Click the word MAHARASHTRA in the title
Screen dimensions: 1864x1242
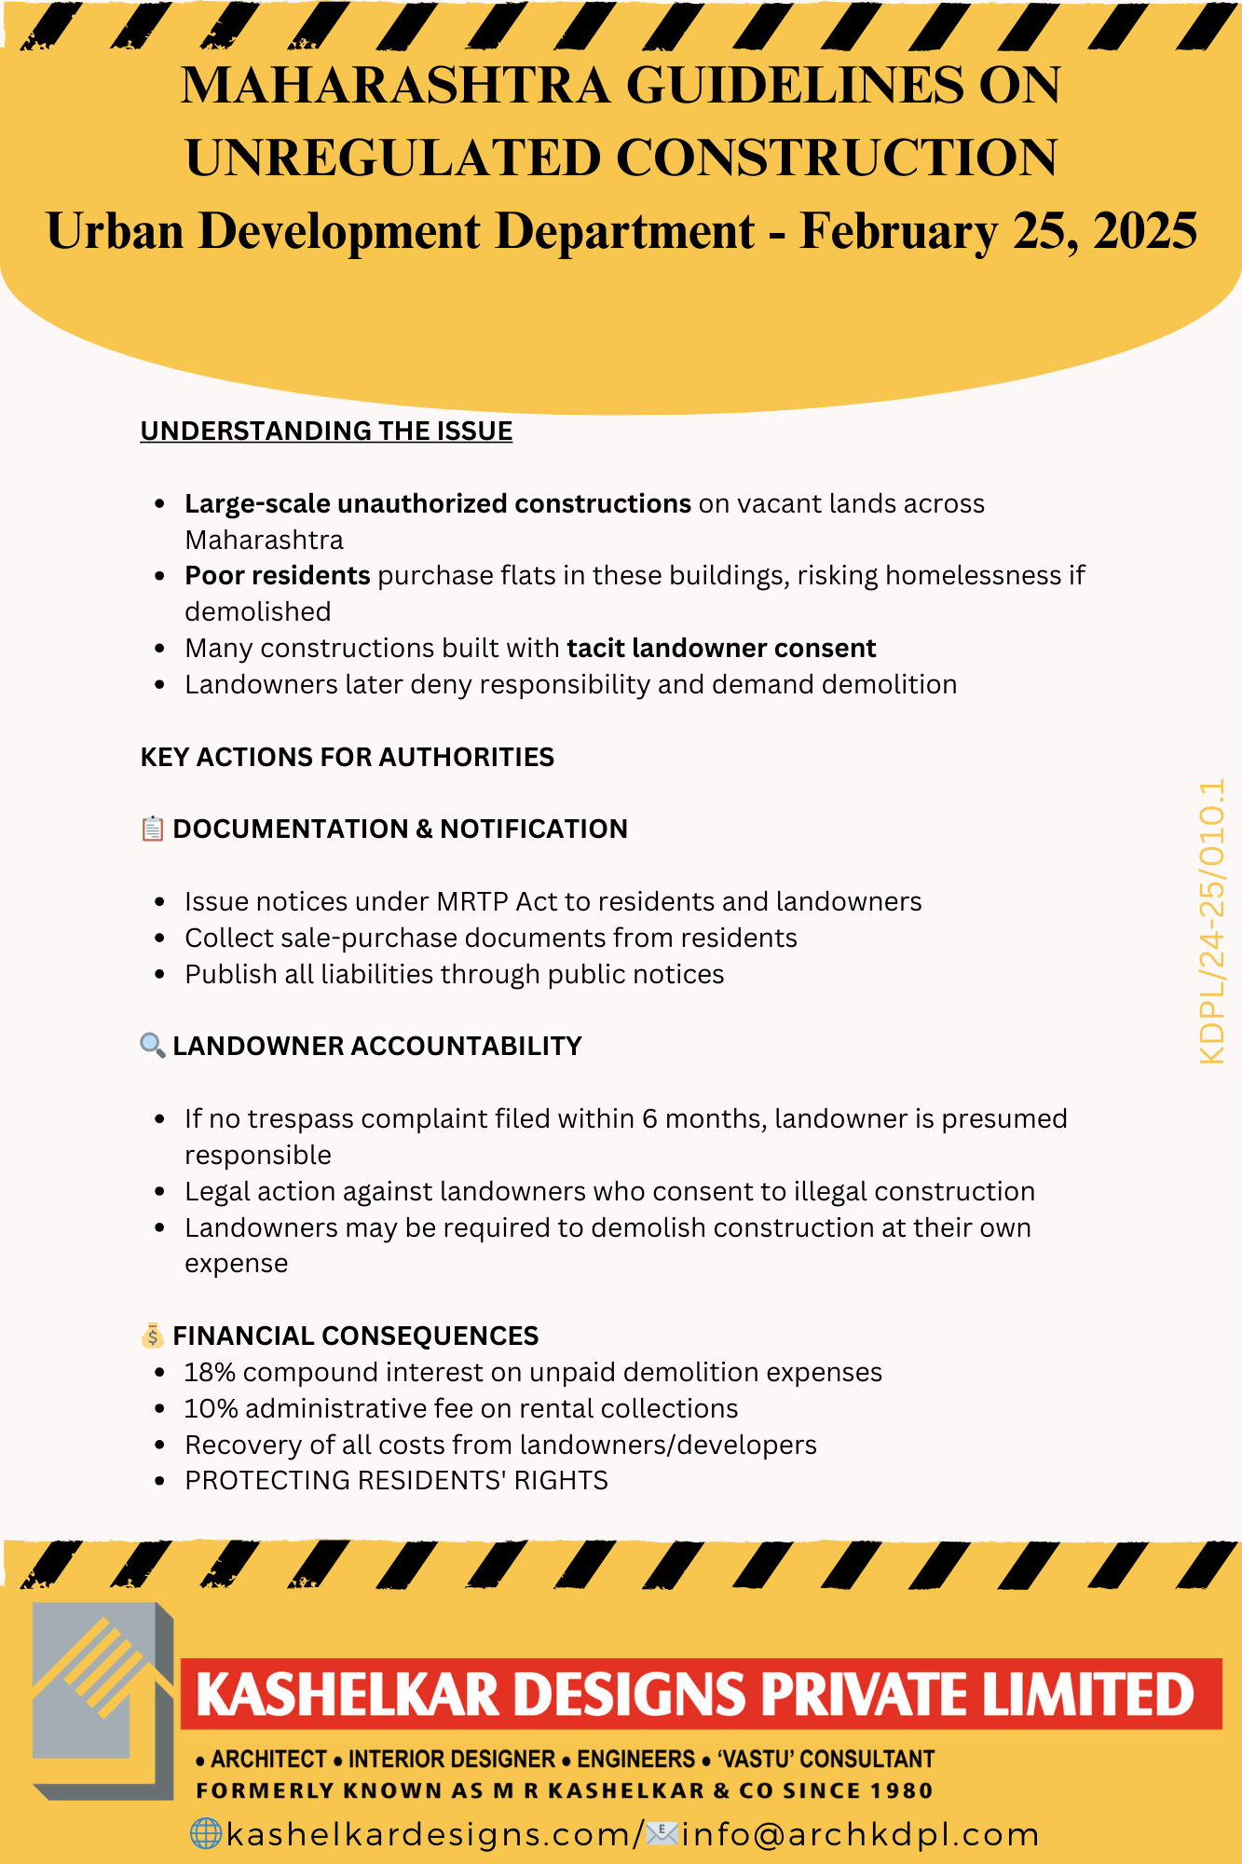[395, 86]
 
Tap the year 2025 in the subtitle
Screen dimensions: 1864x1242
[1145, 231]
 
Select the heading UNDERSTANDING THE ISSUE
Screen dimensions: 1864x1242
[326, 431]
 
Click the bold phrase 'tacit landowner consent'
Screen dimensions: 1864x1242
[721, 648]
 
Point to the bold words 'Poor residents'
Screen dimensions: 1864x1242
[277, 575]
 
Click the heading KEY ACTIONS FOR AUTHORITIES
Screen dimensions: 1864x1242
[347, 757]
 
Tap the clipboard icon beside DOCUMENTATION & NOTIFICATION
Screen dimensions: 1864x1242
[152, 829]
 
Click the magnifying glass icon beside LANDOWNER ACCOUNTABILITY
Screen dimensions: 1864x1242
[152, 1045]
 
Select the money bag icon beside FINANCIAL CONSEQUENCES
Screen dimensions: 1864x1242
[152, 1336]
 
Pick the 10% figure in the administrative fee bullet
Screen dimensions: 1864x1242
[211, 1408]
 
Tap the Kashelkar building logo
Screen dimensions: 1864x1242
[102, 1702]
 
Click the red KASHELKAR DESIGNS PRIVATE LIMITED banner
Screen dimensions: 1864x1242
[699, 1693]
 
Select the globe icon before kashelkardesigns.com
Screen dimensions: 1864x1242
[205, 1833]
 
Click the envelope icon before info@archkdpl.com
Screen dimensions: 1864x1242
[662, 1833]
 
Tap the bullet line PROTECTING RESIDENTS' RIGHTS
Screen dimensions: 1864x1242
[396, 1481]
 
